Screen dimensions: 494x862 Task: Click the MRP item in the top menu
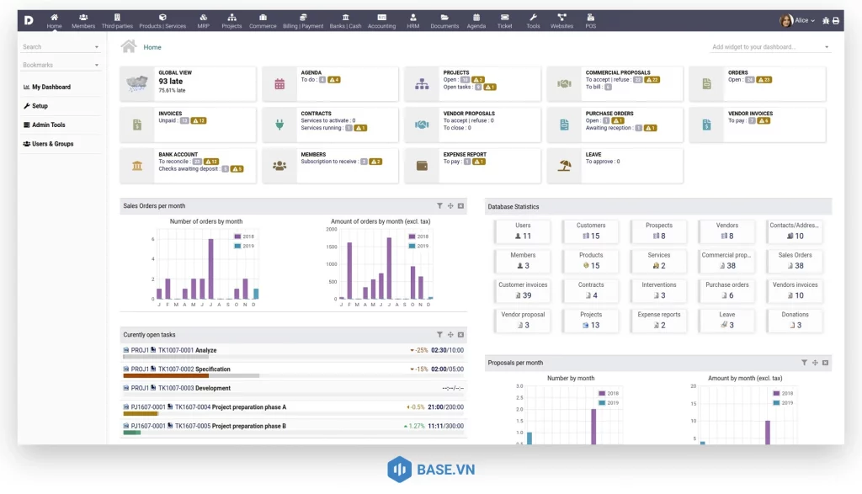point(204,21)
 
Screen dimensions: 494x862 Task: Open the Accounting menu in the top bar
point(381,21)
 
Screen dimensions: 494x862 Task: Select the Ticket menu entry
point(504,21)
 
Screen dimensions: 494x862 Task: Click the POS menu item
point(590,21)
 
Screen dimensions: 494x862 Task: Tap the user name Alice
point(801,20)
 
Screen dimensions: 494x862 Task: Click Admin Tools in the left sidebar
point(48,125)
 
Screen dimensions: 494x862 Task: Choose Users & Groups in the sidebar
point(52,144)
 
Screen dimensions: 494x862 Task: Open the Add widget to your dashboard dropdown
point(770,47)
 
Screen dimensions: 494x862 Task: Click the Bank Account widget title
point(178,155)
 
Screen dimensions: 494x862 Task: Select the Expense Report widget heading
point(465,155)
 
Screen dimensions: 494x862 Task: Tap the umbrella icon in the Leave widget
point(565,166)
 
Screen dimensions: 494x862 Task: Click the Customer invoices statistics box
point(523,290)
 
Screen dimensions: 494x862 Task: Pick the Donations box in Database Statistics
point(795,320)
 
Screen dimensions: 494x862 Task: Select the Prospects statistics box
point(659,231)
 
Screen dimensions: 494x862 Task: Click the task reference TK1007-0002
point(176,369)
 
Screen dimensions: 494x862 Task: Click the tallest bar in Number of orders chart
point(210,269)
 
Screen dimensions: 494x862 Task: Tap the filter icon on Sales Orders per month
point(439,205)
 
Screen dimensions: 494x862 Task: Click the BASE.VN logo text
point(445,470)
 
